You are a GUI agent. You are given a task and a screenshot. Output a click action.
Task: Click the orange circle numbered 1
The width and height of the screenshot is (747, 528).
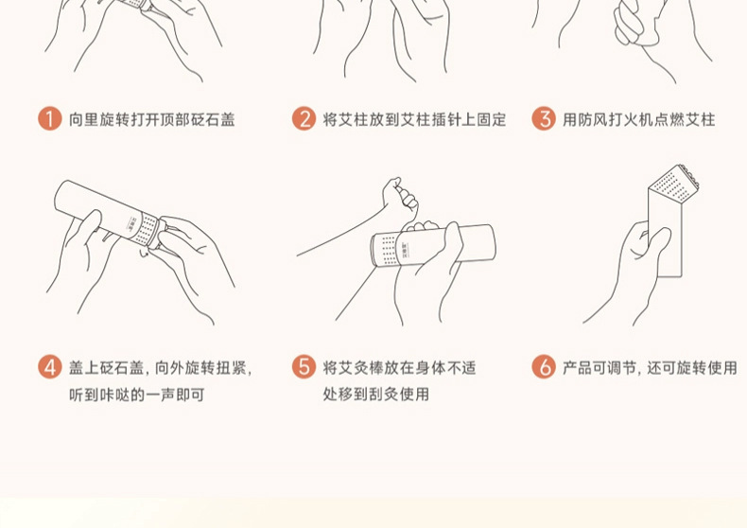(x=50, y=118)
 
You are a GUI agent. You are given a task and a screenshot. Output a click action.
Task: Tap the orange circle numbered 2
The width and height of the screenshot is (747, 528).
(x=304, y=118)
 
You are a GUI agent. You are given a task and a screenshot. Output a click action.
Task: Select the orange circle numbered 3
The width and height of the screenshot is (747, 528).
(x=544, y=118)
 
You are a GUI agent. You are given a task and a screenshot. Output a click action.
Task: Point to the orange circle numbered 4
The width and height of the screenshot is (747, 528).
(x=50, y=367)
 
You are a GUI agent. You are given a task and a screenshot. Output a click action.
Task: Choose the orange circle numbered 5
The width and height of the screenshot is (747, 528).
(x=304, y=367)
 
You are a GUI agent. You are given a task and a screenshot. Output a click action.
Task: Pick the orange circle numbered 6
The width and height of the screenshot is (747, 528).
(x=544, y=367)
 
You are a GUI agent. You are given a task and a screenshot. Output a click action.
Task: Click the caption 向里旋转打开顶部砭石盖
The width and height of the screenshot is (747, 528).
(x=152, y=119)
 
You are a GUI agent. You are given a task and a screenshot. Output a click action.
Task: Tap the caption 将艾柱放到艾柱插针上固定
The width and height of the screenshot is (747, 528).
(x=414, y=119)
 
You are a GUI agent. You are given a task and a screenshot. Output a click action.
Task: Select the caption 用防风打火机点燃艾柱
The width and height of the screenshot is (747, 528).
(x=639, y=119)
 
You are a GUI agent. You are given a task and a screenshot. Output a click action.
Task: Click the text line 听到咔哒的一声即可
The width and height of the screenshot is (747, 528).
(x=137, y=395)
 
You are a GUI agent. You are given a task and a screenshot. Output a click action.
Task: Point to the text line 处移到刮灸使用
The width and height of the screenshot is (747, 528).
(x=376, y=394)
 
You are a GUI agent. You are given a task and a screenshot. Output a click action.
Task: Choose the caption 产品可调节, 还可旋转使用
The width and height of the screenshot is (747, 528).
(x=650, y=367)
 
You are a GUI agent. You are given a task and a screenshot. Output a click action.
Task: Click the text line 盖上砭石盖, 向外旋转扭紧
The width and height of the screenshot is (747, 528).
(x=161, y=367)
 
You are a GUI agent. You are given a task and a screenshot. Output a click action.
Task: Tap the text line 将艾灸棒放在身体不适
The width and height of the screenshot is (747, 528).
(x=399, y=367)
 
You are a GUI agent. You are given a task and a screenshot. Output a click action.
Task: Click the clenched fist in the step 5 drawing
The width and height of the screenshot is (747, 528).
(x=400, y=195)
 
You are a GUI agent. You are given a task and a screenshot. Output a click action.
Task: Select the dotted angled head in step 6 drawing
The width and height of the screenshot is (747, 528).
(x=674, y=185)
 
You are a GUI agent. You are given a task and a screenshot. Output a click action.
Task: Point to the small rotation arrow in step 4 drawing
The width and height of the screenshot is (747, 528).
(x=144, y=253)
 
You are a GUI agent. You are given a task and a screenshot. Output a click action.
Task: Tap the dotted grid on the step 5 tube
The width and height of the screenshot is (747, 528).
(x=389, y=249)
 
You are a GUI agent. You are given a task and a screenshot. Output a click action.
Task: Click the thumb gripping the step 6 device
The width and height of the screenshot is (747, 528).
(x=656, y=245)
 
